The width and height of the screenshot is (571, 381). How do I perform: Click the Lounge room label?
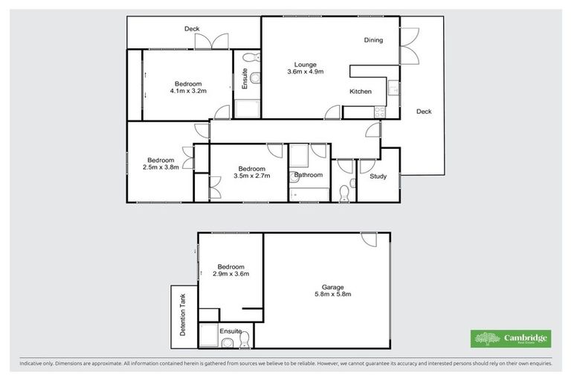point(305,63)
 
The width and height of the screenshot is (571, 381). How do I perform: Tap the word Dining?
point(373,40)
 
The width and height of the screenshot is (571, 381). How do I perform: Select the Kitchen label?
point(361,92)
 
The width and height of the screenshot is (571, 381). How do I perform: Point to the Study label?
point(378,176)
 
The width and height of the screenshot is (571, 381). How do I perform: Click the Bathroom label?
point(308,176)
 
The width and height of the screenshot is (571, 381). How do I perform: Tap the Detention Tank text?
point(184,315)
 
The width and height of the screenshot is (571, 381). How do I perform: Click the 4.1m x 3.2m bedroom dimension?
point(187,91)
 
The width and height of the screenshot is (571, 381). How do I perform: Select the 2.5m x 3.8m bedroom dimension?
point(161,167)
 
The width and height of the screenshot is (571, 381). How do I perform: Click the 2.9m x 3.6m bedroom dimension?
point(230,274)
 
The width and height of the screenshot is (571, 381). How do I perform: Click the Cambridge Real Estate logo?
point(512,339)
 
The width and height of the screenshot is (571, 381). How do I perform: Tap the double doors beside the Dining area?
point(409,46)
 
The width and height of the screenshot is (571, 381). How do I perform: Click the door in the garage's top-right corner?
point(367,240)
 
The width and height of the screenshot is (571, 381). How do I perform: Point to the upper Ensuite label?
point(244,80)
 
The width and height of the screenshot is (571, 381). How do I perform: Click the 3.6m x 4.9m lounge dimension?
point(305,71)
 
